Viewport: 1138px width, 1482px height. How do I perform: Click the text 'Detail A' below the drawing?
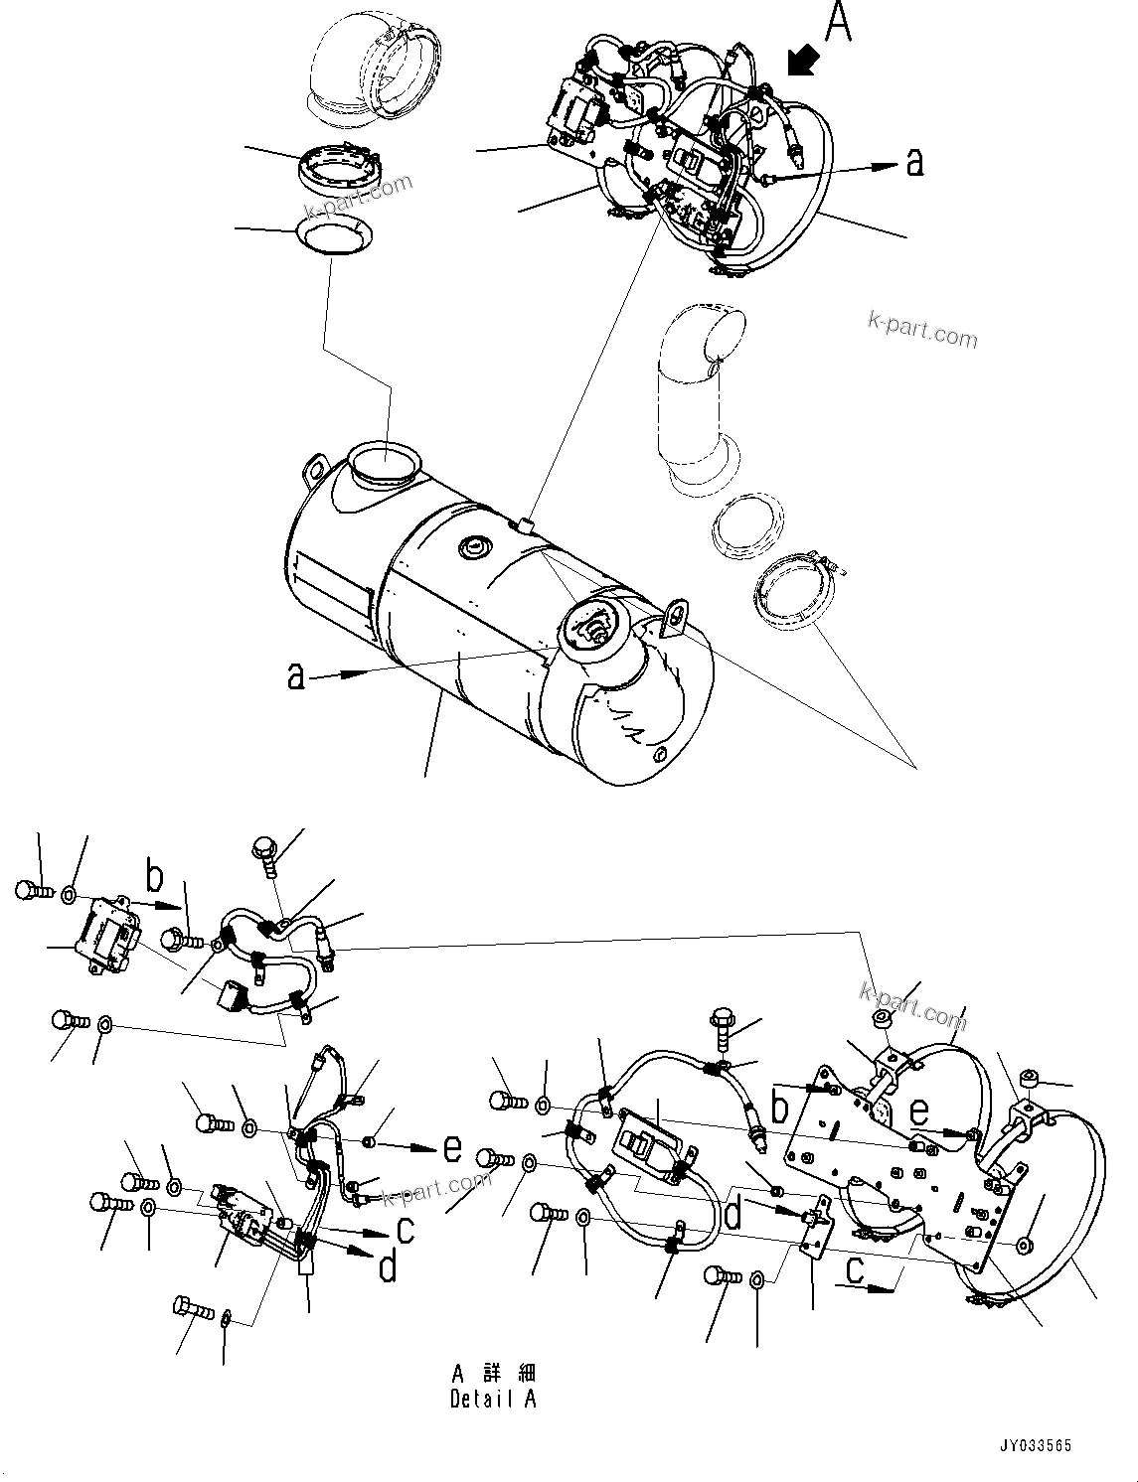click(493, 1399)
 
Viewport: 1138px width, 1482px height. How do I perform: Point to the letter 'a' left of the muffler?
click(295, 675)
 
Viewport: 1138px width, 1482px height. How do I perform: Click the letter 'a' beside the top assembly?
click(914, 162)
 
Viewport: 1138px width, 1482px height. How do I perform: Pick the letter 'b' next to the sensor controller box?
click(154, 876)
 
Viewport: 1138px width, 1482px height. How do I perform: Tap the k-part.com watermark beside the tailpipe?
click(922, 328)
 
